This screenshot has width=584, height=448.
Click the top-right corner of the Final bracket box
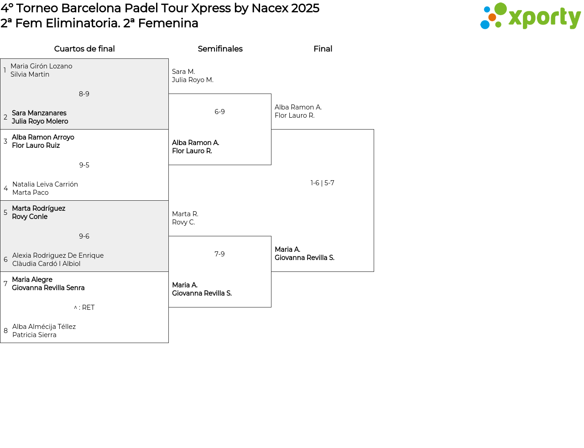coord(374,130)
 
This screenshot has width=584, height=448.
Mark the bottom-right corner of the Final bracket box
coord(374,271)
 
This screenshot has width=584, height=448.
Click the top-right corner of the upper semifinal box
coord(271,94)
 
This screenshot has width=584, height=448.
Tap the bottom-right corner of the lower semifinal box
coord(271,307)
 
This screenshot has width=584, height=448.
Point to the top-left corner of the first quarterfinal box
coord(0,58)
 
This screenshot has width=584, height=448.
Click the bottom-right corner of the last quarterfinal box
coord(168,343)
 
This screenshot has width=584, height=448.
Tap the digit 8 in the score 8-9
coord(81,94)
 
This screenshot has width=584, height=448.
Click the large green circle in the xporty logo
coord(501,9)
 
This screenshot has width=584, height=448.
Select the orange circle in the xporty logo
coord(492,17)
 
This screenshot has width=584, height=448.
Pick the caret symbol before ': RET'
coord(76,307)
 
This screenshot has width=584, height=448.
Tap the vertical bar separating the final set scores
coord(322,183)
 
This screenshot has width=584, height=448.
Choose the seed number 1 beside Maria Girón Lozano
coord(5,70)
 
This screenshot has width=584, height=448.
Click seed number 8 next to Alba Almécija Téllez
coord(5,331)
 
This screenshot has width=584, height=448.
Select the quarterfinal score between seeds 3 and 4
coord(84,165)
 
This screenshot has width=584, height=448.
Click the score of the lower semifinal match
coord(219,254)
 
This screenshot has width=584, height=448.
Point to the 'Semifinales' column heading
coord(220,49)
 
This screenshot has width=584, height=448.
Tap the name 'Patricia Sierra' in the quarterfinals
coord(34,335)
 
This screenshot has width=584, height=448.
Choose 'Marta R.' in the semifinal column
coord(185,214)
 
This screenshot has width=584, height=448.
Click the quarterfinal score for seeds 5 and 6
coord(84,236)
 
